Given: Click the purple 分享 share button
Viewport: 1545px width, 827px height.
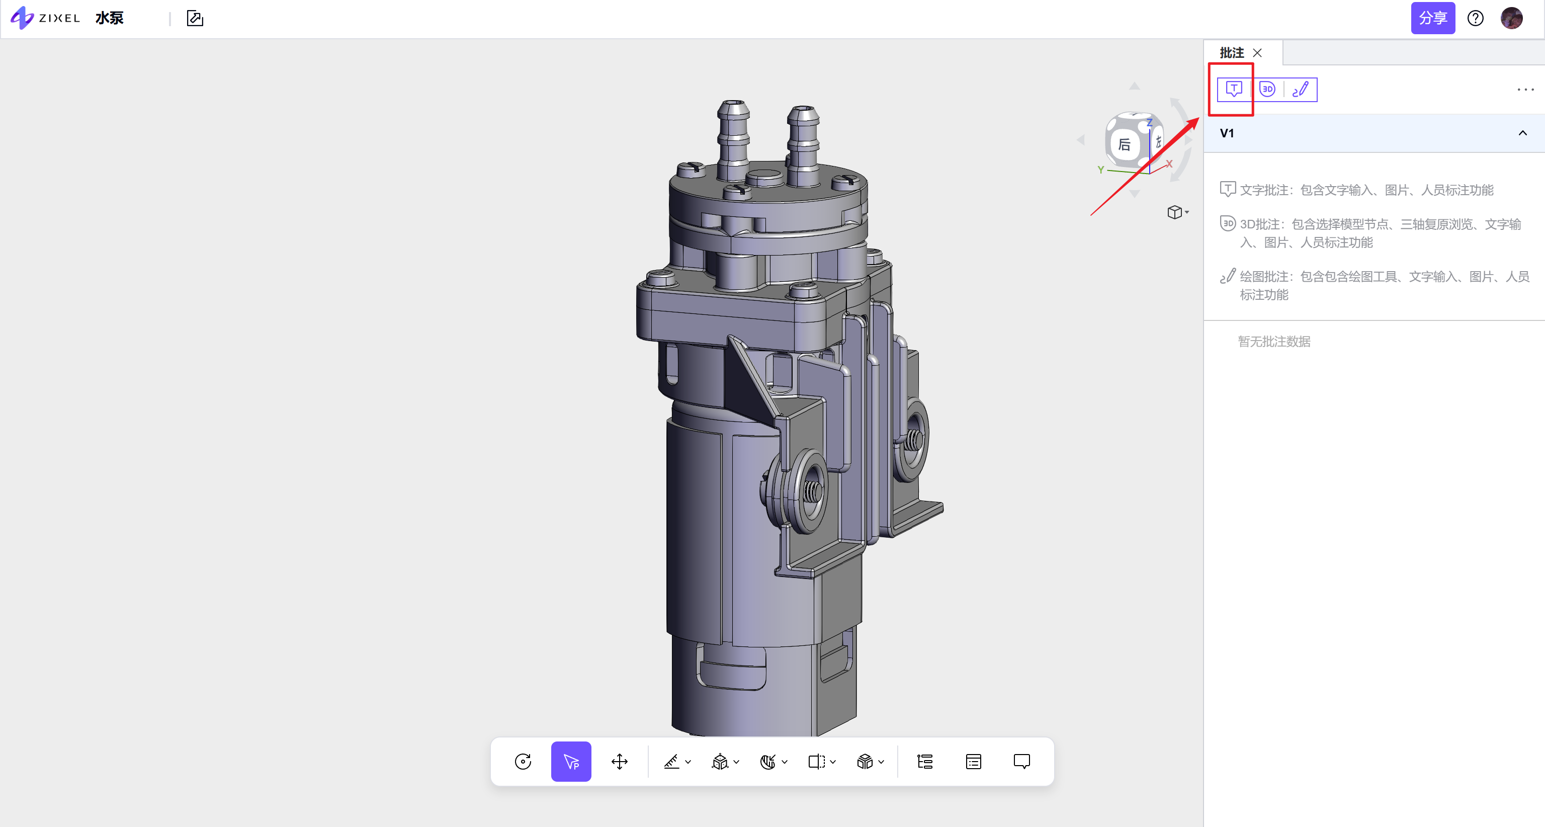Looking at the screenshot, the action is [x=1432, y=18].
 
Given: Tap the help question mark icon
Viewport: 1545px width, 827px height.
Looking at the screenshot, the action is [x=1476, y=18].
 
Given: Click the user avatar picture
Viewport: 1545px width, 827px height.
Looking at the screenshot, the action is [x=1511, y=18].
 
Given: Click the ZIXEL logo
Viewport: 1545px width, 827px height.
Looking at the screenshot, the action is [x=45, y=18].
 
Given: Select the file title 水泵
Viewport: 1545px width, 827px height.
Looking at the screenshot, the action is [x=109, y=18].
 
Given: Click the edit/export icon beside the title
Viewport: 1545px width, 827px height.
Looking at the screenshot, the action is [x=195, y=19].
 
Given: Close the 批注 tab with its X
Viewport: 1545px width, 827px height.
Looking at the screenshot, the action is [x=1257, y=53].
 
